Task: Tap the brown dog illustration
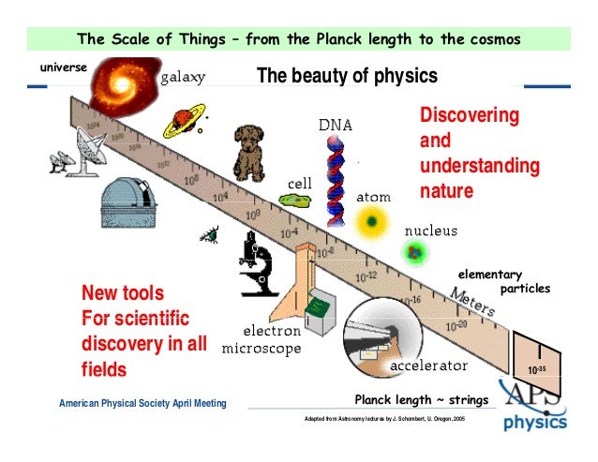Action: (x=250, y=152)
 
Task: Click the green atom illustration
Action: (x=373, y=222)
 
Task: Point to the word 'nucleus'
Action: (x=430, y=230)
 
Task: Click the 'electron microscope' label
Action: (x=262, y=339)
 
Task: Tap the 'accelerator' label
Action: (x=428, y=364)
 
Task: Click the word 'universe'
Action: (x=64, y=67)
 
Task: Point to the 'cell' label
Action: (x=300, y=183)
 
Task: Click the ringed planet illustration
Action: (x=180, y=122)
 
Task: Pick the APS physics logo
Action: (x=534, y=405)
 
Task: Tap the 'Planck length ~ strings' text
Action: (x=422, y=400)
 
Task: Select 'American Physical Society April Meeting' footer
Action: (x=142, y=404)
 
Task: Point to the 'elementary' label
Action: (x=488, y=274)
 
